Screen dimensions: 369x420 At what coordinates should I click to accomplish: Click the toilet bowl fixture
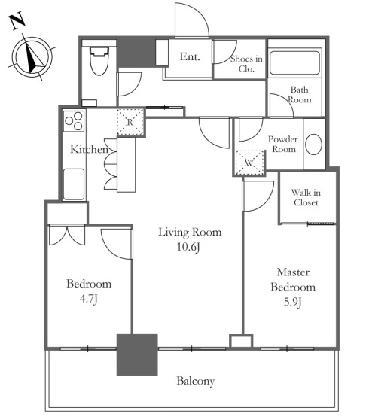[99, 61]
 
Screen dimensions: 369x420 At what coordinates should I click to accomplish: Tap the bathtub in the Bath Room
[294, 63]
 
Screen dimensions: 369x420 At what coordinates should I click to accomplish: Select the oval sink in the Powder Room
[313, 144]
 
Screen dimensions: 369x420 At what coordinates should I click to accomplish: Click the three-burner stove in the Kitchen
[74, 120]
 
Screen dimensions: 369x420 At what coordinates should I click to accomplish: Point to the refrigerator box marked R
[130, 122]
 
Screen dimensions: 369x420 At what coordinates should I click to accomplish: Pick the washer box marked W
[250, 163]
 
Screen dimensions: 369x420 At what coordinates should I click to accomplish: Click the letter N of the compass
[17, 21]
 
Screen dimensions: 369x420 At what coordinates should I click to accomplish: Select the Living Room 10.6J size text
[188, 247]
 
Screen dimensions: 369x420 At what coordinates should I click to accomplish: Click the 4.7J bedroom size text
[88, 299]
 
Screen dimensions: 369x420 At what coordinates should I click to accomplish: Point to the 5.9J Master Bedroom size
[293, 302]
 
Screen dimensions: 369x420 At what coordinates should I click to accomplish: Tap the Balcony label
[196, 381]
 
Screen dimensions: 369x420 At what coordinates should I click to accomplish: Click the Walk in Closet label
[306, 197]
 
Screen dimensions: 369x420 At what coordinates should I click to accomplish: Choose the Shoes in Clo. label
[246, 64]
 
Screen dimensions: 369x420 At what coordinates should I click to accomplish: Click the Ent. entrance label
[190, 56]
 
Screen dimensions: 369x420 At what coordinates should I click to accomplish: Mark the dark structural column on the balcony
[137, 355]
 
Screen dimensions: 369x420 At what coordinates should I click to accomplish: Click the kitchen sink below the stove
[74, 184]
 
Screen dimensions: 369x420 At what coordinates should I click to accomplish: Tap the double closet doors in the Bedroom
[67, 235]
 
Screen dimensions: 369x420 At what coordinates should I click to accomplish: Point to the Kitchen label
[89, 149]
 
